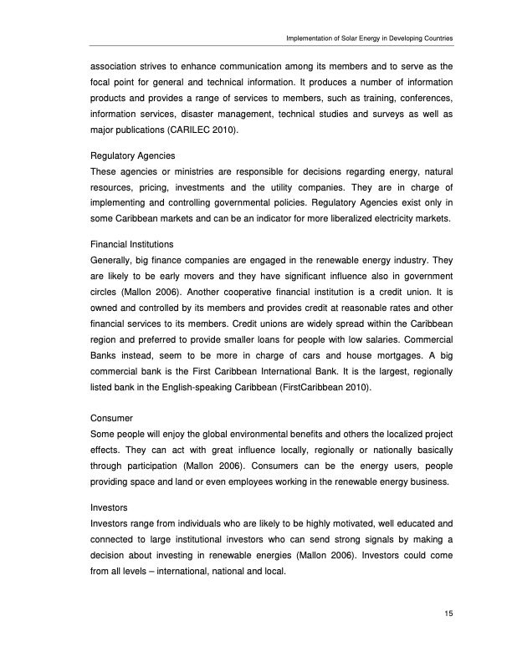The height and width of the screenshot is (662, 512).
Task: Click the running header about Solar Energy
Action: point(370,38)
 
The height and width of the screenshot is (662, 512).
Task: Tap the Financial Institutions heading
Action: point(131,244)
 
